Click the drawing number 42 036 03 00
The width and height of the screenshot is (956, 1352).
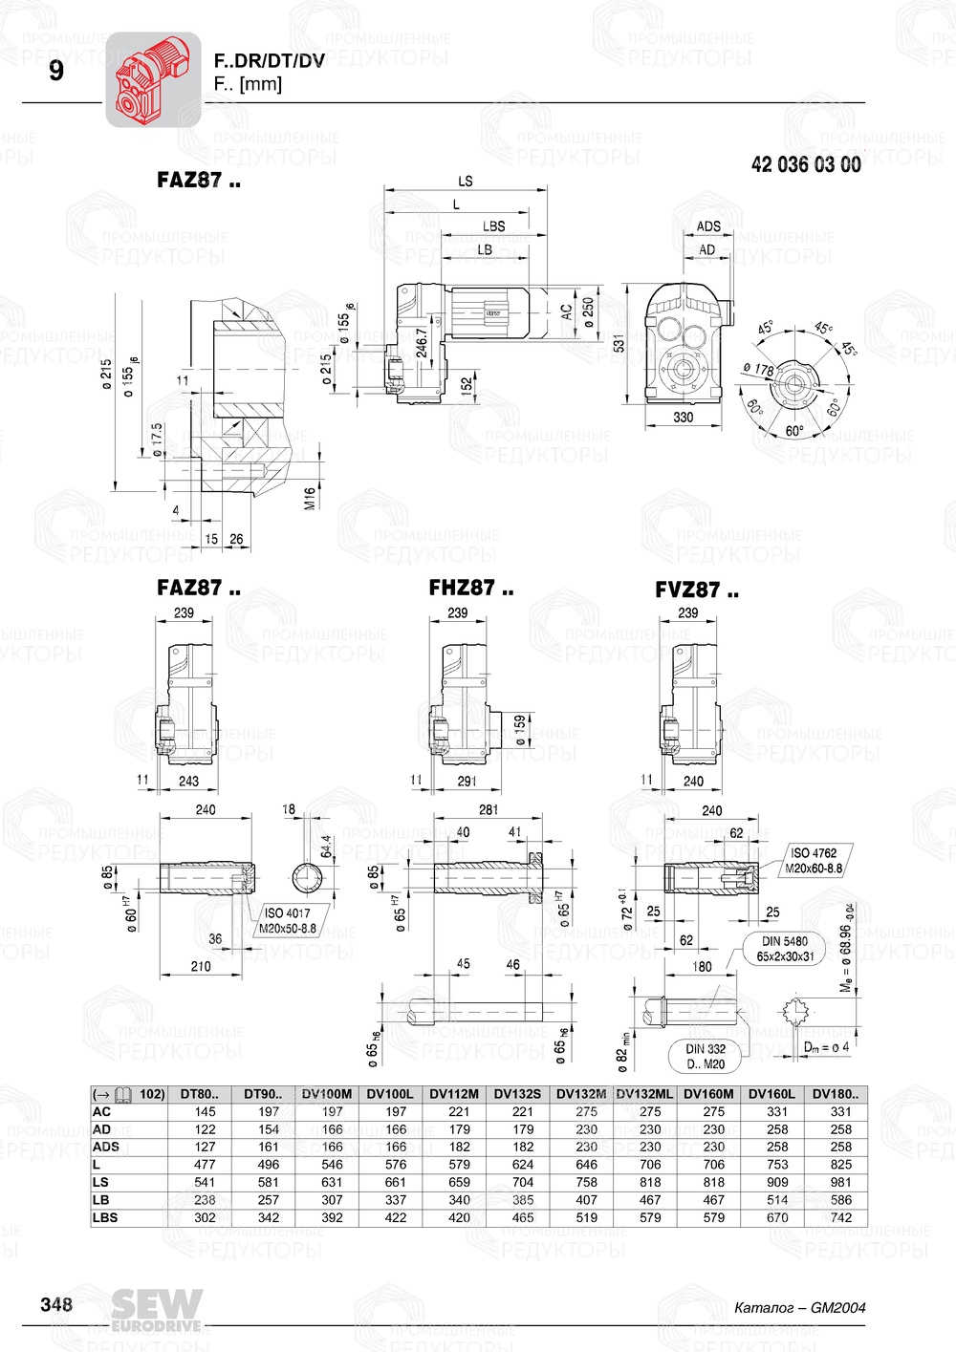pos(805,164)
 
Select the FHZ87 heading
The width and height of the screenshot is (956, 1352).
pos(470,589)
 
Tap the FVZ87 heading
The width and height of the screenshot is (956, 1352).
pos(697,590)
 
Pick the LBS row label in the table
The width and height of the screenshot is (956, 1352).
pos(105,1217)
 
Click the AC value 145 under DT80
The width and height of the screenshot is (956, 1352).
pos(205,1111)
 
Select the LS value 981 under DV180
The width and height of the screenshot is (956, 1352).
pos(840,1182)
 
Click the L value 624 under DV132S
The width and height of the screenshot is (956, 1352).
pos(523,1165)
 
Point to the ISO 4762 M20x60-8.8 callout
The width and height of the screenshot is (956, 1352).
pos(814,861)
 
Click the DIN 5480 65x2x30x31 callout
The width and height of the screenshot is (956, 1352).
pos(785,949)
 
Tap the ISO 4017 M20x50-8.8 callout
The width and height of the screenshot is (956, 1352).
pos(287,920)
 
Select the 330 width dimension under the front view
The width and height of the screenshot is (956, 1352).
pos(683,417)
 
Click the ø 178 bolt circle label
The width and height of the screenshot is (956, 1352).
pos(758,369)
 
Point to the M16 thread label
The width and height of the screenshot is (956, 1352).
pos(310,498)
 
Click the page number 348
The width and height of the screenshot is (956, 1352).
pos(55,1305)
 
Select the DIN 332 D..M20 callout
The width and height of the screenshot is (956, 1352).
pos(706,1056)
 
